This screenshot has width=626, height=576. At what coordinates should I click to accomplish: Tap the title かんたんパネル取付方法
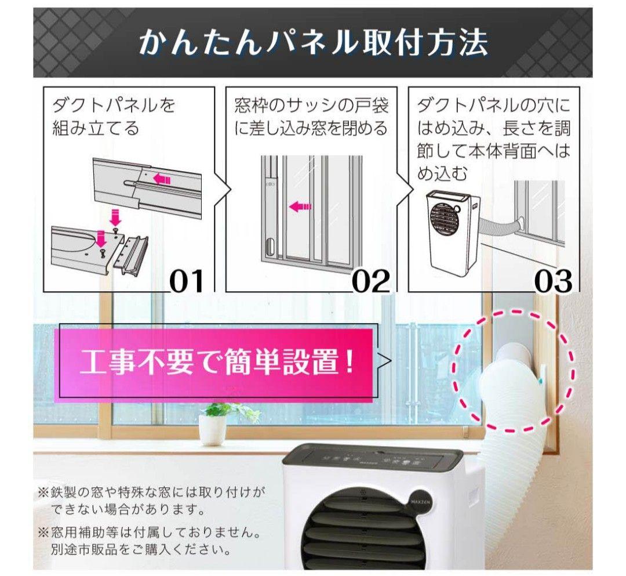[313, 43]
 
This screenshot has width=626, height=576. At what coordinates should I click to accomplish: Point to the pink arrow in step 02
[300, 206]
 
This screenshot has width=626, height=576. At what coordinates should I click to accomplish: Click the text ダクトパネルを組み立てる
[114, 117]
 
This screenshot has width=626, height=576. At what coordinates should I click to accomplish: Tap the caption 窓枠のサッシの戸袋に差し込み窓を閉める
[311, 117]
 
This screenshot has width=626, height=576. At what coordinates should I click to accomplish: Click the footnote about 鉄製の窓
[152, 501]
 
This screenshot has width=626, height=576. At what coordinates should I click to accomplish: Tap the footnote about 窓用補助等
[152, 540]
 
